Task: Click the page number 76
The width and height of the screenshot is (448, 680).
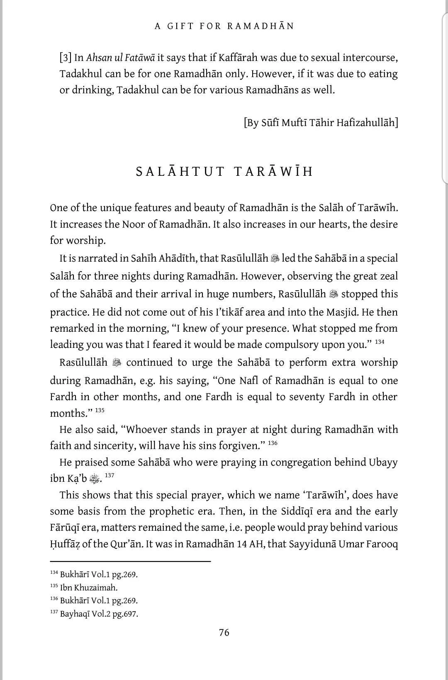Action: [224, 632]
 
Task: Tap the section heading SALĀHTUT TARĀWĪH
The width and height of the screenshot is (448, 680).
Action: [224, 172]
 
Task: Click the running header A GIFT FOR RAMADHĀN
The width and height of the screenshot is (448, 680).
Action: [224, 26]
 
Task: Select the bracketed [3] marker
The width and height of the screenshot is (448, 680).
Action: [66, 58]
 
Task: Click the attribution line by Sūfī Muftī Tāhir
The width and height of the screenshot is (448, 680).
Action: [321, 123]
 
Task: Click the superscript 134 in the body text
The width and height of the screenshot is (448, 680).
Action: [380, 342]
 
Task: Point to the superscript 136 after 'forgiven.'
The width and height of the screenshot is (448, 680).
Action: [273, 443]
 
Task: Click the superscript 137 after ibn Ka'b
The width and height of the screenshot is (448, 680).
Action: [109, 476]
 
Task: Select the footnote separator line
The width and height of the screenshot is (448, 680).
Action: [130, 561]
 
